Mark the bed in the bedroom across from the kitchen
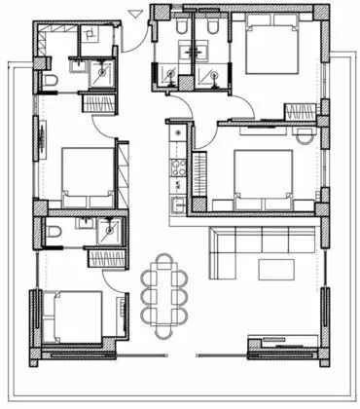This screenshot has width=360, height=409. (x=88, y=175)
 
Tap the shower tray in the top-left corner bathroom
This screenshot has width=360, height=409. (x=98, y=70)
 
